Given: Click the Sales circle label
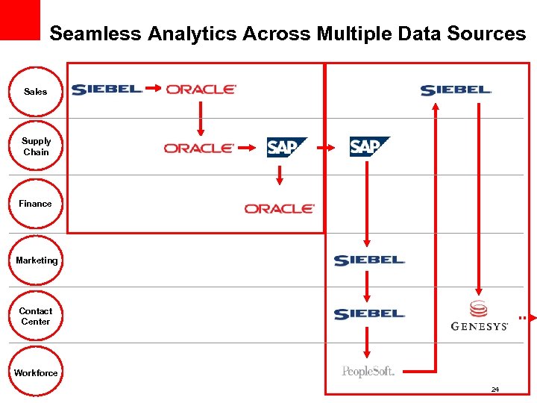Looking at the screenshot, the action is (35, 92).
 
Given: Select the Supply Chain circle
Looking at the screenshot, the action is (36, 146).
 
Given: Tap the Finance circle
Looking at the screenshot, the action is (36, 203).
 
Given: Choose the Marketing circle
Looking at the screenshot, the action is (37, 260).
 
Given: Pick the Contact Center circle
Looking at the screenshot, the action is (36, 316).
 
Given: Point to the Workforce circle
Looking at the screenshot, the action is (36, 372).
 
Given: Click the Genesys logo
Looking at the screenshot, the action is (479, 316).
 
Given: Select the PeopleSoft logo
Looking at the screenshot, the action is (368, 371).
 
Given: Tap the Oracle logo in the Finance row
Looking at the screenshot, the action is (280, 209).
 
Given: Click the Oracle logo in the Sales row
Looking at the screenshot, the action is (201, 89).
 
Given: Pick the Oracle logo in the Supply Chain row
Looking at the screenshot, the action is (199, 149).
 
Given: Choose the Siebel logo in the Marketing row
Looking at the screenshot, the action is (369, 260).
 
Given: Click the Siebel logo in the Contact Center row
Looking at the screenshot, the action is (369, 314).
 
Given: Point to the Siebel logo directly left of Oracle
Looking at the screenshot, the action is (107, 90).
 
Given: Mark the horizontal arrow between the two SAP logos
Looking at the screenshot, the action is (328, 148).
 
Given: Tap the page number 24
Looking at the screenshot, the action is (495, 390).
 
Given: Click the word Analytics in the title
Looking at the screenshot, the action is (193, 34).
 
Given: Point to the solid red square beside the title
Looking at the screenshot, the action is (20, 19).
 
